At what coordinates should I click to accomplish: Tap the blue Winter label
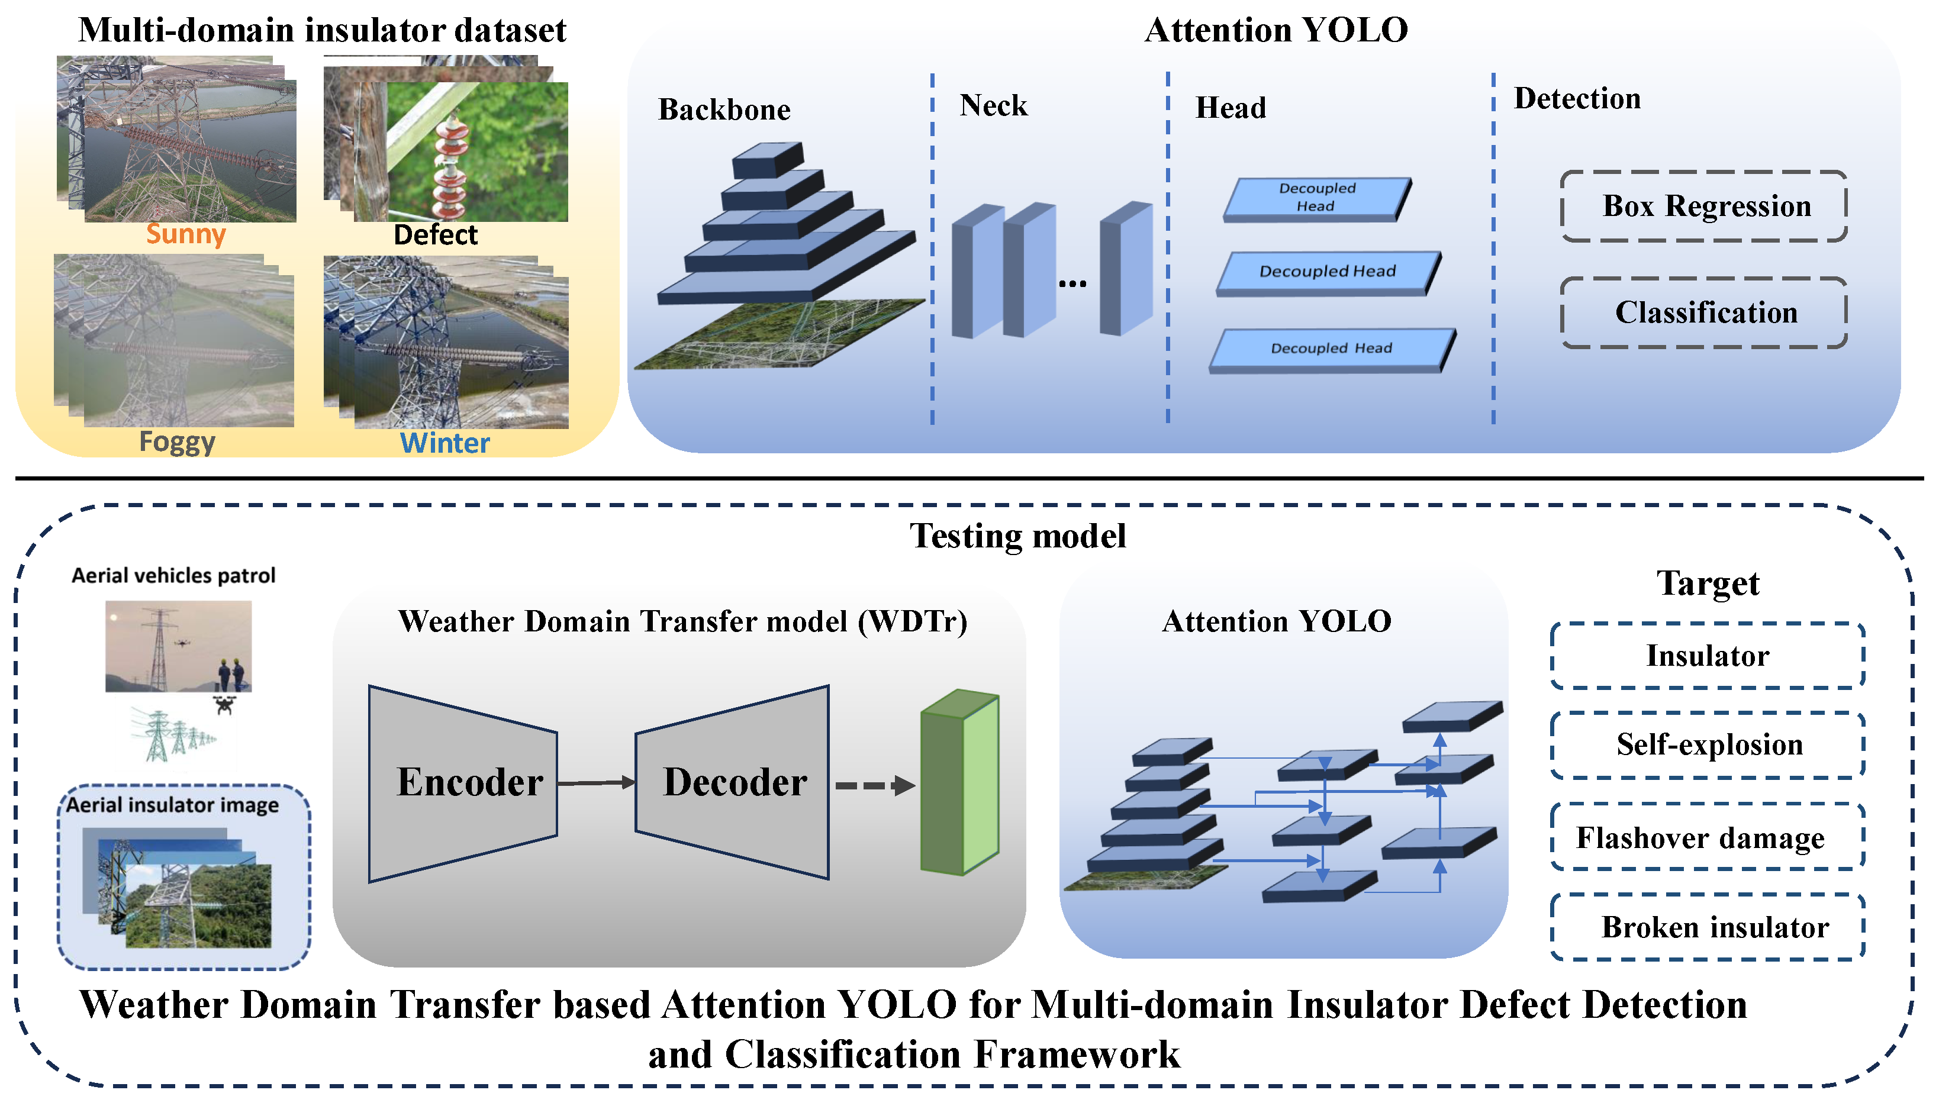click(x=445, y=442)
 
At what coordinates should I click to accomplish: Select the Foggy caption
click(x=177, y=441)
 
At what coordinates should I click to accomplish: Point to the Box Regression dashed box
click(x=1704, y=206)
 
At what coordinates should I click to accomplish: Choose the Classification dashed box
click(x=1704, y=312)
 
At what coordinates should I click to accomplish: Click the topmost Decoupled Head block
click(x=1317, y=198)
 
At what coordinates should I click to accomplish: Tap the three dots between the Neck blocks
click(x=1072, y=284)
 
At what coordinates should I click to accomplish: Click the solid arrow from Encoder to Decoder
click(x=595, y=782)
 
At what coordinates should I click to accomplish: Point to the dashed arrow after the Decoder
click(x=874, y=785)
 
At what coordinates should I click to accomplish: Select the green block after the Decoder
click(x=959, y=782)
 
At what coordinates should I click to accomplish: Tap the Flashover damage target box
click(x=1707, y=837)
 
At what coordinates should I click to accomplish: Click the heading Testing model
click(x=1017, y=536)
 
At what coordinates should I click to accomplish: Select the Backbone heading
click(x=723, y=109)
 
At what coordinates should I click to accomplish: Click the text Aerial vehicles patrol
click(x=173, y=575)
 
